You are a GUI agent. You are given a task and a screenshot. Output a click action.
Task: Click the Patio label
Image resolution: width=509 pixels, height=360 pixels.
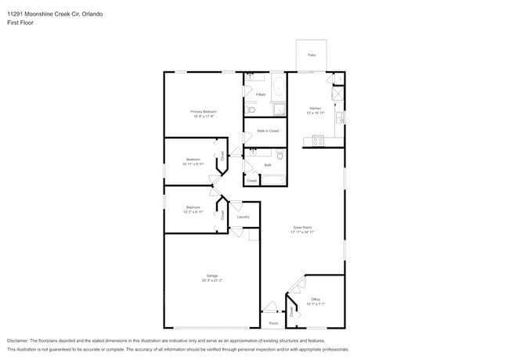312,55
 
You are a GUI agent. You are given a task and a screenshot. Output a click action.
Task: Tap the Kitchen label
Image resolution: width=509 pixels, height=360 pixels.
316,108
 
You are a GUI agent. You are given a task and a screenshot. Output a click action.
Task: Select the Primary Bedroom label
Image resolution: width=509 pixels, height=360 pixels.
204,111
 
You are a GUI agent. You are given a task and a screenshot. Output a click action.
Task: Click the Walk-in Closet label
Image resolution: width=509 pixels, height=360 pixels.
268,131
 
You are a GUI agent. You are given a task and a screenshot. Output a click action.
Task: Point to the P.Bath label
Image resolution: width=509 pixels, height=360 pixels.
261,95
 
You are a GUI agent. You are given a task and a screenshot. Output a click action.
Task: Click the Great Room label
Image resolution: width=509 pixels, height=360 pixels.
302,228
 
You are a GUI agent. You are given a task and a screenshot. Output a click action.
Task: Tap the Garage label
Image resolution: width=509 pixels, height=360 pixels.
211,275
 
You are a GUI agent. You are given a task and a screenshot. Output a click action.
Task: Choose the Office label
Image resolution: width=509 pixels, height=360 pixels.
316,299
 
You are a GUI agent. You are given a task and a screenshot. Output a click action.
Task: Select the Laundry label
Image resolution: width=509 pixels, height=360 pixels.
243,217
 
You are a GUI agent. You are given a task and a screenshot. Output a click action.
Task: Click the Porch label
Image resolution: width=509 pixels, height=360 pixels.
273,322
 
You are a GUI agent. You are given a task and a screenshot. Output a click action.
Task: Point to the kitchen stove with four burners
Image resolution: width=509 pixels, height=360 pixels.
319,141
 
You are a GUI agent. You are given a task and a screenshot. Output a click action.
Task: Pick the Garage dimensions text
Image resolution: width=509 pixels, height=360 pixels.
211,280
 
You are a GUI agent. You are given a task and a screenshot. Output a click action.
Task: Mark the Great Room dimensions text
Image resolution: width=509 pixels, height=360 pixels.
302,232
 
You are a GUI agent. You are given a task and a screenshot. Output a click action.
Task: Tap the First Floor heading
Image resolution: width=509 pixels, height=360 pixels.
20,23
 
